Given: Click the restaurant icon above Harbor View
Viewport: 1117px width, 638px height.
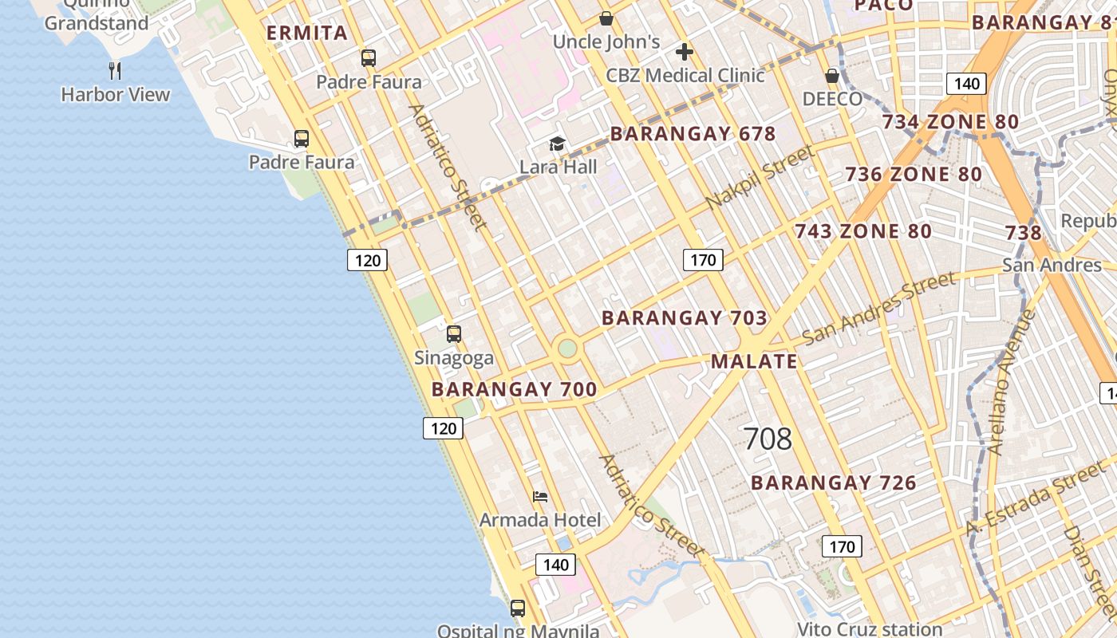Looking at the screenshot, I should tap(115, 70).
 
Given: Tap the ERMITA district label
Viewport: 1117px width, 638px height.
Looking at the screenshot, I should tap(307, 33).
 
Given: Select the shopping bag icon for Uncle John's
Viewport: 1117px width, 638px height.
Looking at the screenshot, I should tap(606, 18).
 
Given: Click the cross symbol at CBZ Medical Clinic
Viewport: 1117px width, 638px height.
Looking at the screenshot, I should tap(684, 52).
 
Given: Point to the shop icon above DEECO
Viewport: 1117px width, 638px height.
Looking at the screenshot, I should tap(832, 76).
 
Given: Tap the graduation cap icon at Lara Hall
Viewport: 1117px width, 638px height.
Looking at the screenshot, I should tap(557, 144).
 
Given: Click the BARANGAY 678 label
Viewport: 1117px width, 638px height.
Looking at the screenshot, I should tap(693, 133).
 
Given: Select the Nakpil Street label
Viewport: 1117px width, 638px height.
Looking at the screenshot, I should tap(760, 177).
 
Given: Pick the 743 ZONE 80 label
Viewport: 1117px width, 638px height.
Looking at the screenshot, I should tap(862, 231).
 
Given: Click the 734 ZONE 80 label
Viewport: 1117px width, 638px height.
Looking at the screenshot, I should tap(950, 122).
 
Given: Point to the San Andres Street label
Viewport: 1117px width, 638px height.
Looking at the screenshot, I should tap(878, 308).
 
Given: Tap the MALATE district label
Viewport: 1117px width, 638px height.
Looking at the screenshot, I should tap(754, 361).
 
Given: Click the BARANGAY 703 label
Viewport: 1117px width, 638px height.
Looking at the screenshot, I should tap(684, 317).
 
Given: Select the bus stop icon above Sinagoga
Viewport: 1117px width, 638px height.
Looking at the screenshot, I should tap(454, 334).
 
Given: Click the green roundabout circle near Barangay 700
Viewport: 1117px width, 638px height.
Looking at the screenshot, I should tap(567, 349).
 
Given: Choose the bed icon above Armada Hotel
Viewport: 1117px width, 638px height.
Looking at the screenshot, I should tap(540, 497).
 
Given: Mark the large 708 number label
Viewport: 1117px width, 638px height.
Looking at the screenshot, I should tap(768, 438).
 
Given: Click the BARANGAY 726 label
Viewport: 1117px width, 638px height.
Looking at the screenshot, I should tap(833, 482).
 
